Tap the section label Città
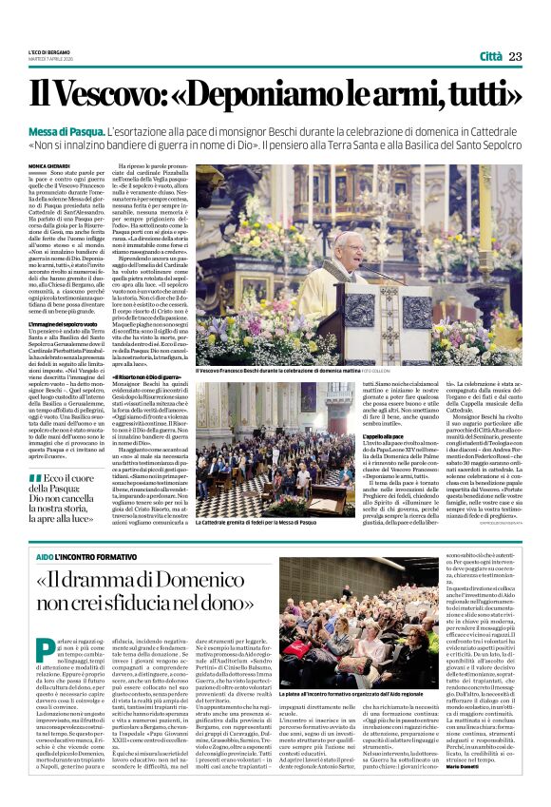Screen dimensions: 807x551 [x=491, y=57]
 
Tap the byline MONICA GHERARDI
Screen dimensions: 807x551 [x=47, y=165]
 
